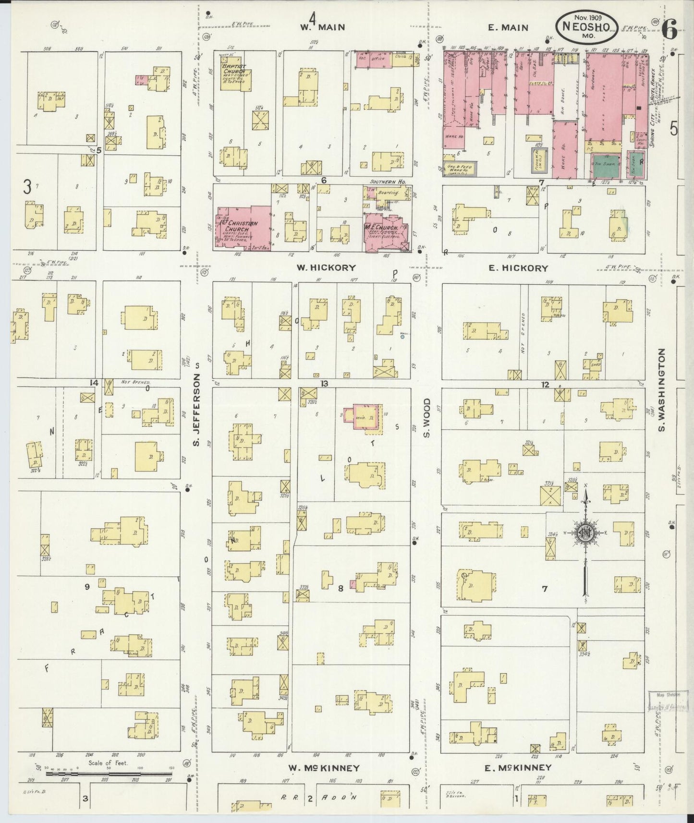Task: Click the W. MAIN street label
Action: pos(322,27)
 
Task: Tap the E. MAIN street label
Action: pos(508,27)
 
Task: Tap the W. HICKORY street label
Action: pos(326,267)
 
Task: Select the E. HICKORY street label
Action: pos(518,267)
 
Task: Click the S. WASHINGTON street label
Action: pos(661,390)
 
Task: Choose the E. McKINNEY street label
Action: pos(517,768)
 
